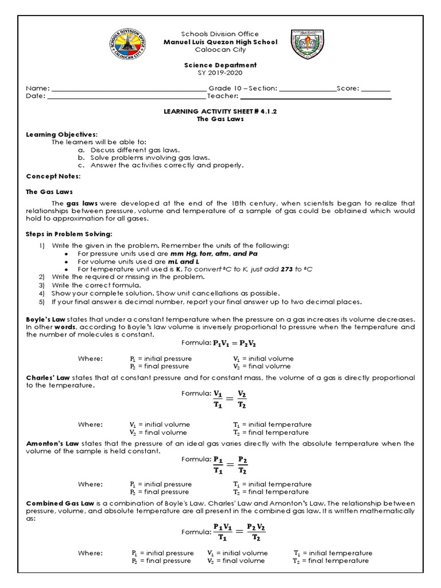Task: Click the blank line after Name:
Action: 128,89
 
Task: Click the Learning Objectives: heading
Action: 57,134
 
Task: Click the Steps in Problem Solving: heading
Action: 64,234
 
